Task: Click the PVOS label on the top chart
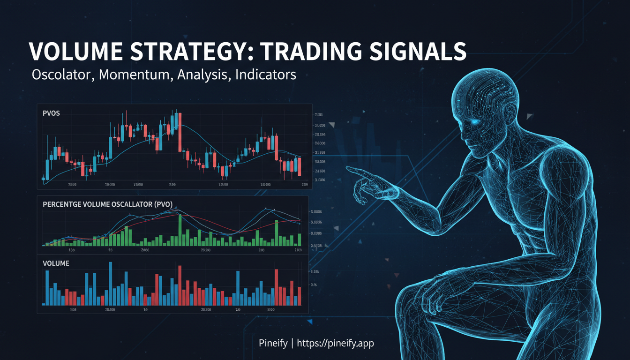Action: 51,114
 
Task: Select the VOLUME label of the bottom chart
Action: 56,263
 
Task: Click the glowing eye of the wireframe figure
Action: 475,122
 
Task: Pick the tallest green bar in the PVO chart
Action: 180,230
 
